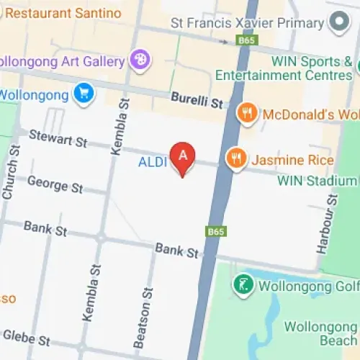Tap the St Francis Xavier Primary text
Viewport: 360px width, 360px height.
click(246, 23)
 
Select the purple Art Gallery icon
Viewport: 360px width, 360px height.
click(140, 58)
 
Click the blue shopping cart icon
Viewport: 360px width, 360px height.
click(84, 94)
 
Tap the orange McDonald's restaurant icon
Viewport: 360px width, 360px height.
click(247, 113)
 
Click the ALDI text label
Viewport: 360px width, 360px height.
click(153, 163)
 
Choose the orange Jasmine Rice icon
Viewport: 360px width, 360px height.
click(235, 158)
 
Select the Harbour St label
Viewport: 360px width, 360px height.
click(327, 223)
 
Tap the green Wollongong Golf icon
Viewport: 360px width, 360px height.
click(244, 284)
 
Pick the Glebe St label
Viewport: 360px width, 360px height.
click(27, 336)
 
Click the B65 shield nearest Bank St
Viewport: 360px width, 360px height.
click(216, 231)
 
